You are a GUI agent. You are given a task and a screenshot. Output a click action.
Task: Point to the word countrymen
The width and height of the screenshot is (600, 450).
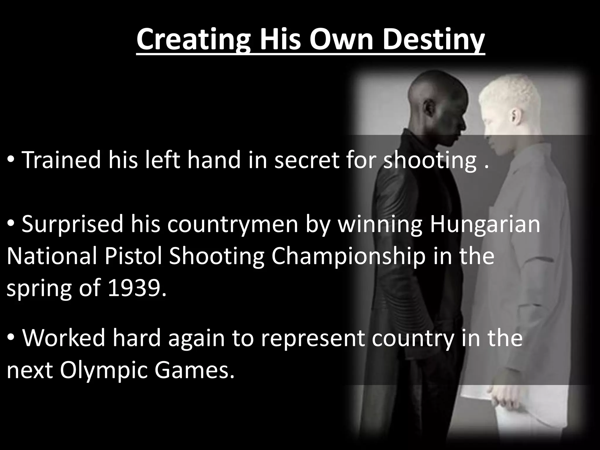pos(233,224)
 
